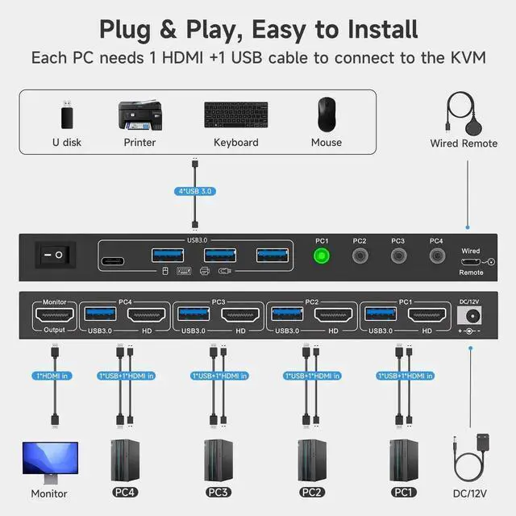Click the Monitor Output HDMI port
[54, 315]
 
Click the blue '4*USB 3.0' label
[194, 192]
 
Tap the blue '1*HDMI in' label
[55, 375]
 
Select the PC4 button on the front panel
[436, 257]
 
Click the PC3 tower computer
[217, 460]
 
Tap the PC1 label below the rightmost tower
[403, 492]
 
